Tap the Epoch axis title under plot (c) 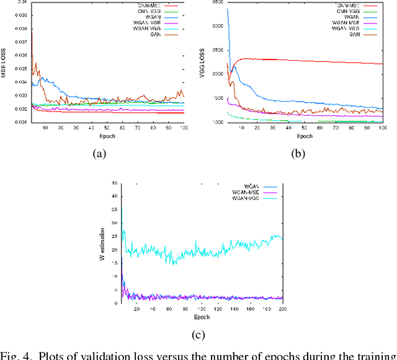click(x=202, y=317)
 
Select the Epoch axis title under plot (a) click(x=107, y=136)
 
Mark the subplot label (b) click(x=298, y=155)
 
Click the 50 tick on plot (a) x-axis click(x=107, y=128)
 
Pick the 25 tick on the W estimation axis click(x=114, y=237)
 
